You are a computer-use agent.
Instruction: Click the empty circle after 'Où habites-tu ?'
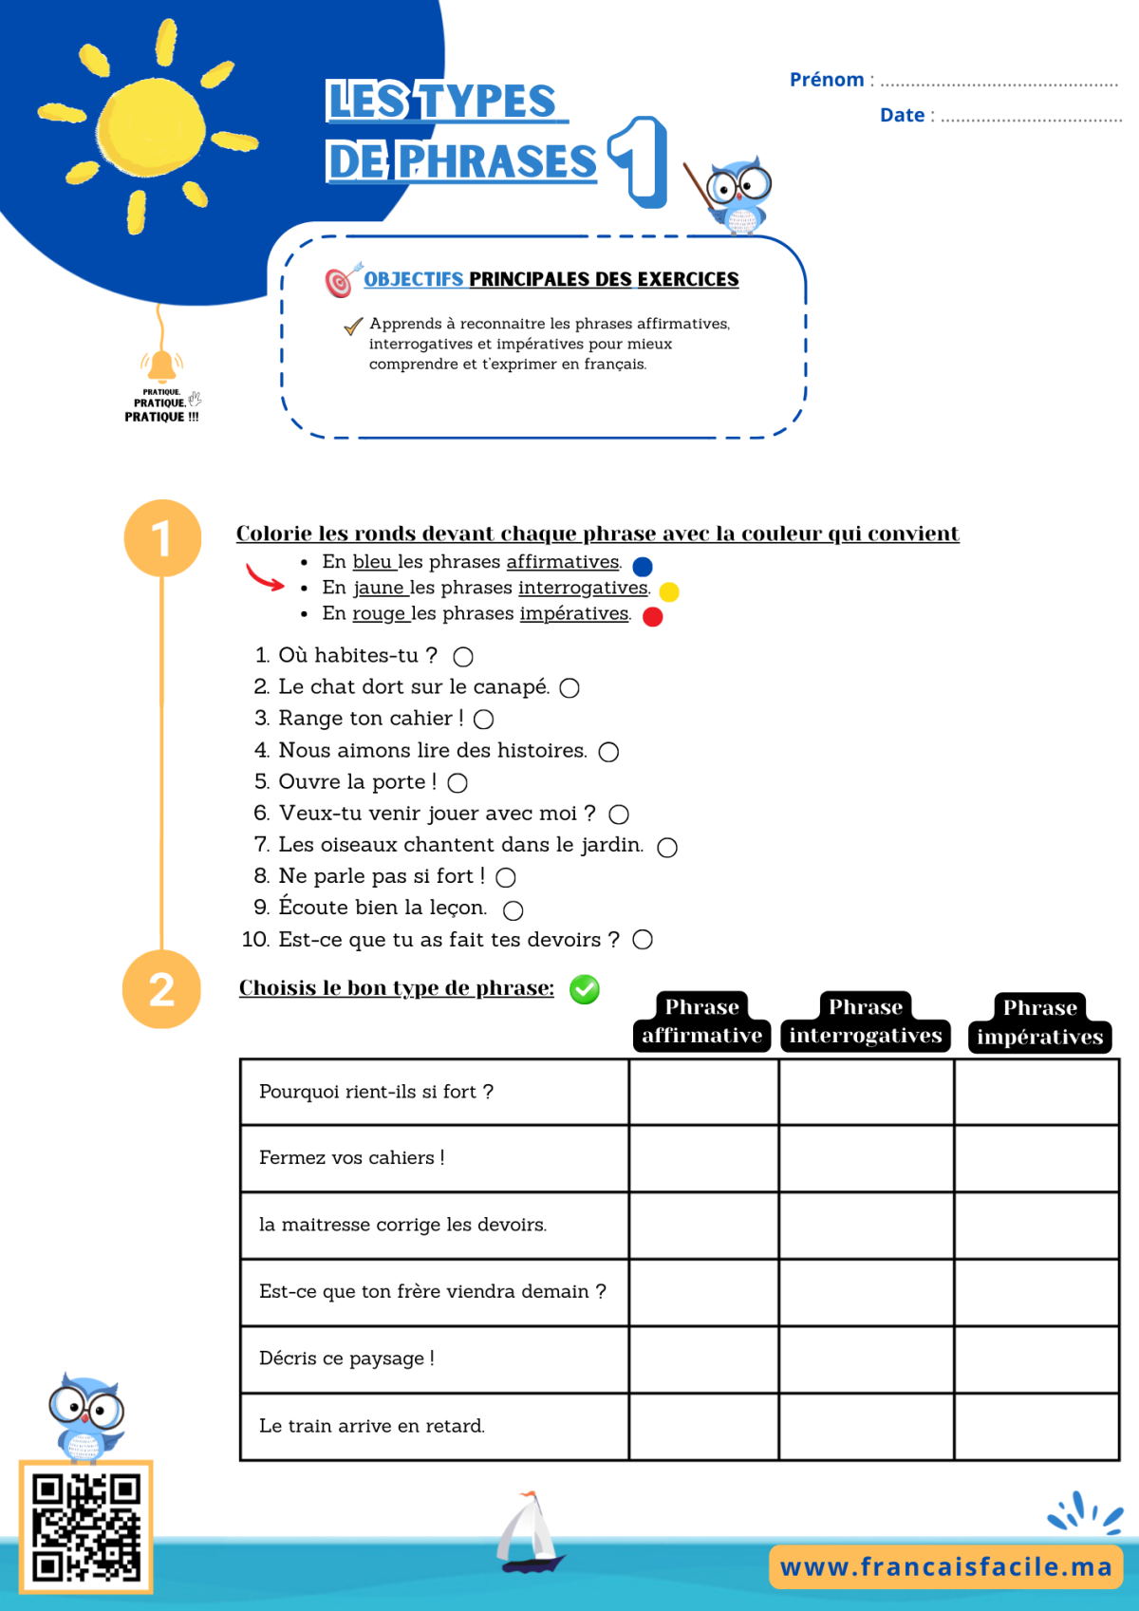tap(463, 657)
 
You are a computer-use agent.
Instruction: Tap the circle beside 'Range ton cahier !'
tap(483, 720)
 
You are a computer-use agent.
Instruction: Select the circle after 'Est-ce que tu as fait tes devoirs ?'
tap(643, 939)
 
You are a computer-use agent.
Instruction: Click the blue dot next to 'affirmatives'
tap(643, 567)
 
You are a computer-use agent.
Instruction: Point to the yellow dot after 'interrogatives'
tap(669, 591)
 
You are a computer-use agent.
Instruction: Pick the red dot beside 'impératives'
tap(652, 617)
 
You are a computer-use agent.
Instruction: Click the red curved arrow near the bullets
tap(265, 577)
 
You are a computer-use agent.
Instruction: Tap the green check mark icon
tap(585, 989)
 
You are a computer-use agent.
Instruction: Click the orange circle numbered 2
tap(161, 989)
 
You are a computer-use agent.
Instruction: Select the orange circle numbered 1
tap(162, 538)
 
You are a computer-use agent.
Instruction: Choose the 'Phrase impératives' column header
tap(1039, 1022)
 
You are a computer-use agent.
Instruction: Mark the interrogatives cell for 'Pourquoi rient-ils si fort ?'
tap(866, 1092)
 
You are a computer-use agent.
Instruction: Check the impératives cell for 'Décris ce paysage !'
tap(1036, 1359)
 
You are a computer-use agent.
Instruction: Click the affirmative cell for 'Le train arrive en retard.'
tap(703, 1426)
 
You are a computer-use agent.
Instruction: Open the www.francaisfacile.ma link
tap(945, 1566)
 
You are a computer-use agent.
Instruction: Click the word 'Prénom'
tap(827, 79)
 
